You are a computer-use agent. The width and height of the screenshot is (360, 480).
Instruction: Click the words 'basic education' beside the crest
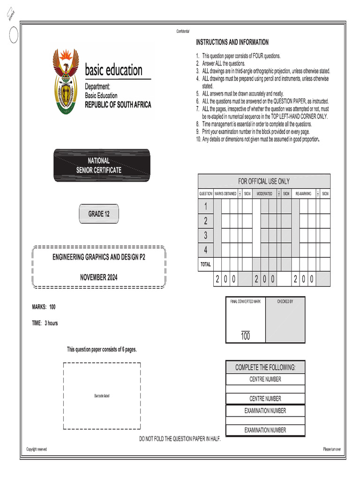click(x=113, y=71)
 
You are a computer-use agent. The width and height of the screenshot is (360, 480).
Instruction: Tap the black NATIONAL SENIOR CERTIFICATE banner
click(x=102, y=165)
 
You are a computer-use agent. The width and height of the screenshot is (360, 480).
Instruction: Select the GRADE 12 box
click(x=99, y=214)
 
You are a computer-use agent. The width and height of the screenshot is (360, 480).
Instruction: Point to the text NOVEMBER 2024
click(x=98, y=277)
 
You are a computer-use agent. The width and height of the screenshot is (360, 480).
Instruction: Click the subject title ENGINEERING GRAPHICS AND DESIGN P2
click(x=98, y=257)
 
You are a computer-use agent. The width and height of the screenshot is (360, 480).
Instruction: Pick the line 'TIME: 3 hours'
click(x=45, y=323)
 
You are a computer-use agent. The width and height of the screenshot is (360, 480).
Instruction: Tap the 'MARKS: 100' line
click(x=44, y=307)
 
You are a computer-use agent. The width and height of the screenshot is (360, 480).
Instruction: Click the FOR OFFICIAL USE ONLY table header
click(x=264, y=181)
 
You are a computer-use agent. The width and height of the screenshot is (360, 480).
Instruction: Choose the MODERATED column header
click(x=264, y=194)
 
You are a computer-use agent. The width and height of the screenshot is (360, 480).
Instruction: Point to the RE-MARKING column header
click(x=303, y=194)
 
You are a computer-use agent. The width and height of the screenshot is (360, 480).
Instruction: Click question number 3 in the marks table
click(x=205, y=236)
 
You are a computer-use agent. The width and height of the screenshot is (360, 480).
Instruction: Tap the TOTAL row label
click(x=205, y=264)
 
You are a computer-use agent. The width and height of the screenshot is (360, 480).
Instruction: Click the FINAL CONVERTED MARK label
click(x=245, y=301)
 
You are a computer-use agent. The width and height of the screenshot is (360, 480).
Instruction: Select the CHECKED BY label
click(x=285, y=301)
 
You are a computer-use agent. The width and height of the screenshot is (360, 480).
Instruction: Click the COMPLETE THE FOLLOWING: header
click(x=265, y=367)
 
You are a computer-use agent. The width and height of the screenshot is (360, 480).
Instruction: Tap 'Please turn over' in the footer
click(x=332, y=449)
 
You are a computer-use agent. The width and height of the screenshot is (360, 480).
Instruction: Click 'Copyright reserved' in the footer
click(x=37, y=449)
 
